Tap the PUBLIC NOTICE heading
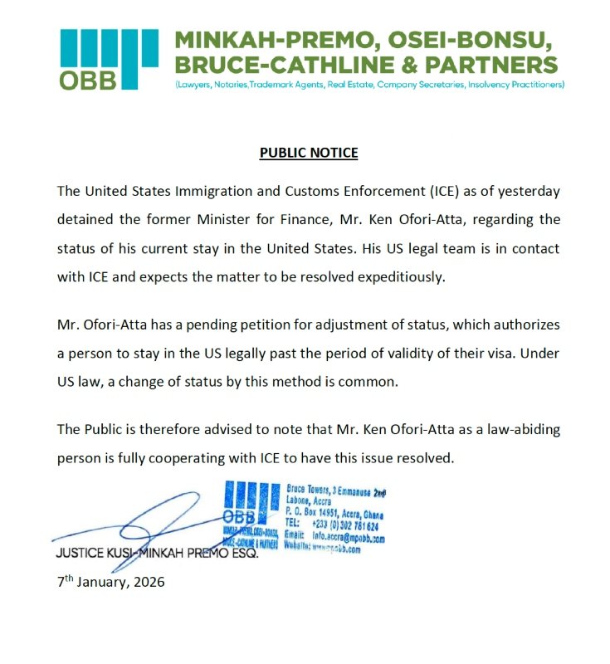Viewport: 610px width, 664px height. (309, 153)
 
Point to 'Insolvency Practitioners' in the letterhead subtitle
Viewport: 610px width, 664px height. (516, 85)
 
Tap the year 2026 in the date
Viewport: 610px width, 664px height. (149, 582)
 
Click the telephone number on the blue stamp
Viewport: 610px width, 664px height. (344, 526)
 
